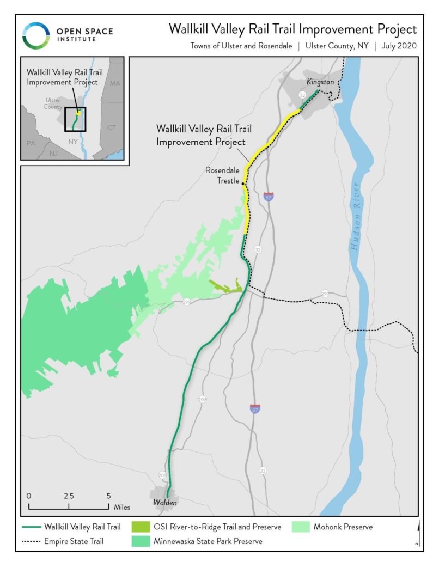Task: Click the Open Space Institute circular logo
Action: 36,35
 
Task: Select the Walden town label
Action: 164,502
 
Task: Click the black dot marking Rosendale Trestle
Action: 242,183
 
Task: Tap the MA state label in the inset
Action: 114,83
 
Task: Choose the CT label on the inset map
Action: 112,127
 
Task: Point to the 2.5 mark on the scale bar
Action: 69,496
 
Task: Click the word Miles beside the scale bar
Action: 122,507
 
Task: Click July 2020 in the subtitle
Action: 399,46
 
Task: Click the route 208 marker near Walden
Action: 162,475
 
